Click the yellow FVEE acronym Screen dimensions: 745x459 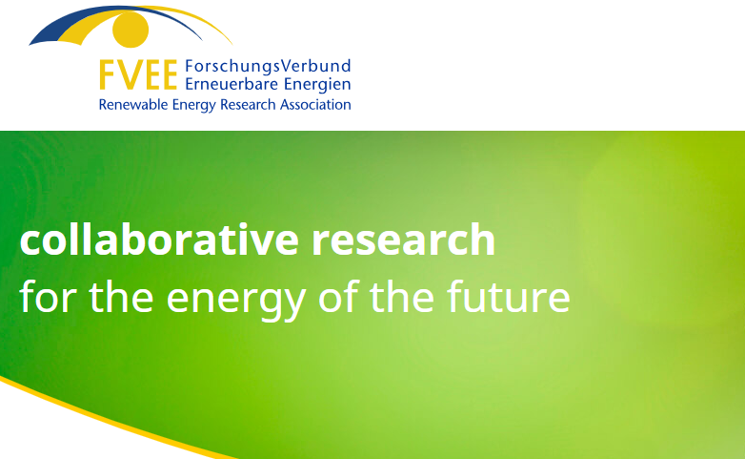coord(138,74)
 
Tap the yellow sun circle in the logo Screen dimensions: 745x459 coord(131,30)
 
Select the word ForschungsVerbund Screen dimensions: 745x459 coord(268,66)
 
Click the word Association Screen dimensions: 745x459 coord(315,104)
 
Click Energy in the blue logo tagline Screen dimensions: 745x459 coord(193,105)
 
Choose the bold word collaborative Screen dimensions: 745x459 coord(159,239)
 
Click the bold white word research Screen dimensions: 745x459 coord(403,239)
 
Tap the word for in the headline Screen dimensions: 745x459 coord(48,296)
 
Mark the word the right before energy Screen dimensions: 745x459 coord(121,296)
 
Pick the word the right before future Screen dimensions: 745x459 coord(402,296)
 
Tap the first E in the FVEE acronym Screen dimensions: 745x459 coord(154,74)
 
